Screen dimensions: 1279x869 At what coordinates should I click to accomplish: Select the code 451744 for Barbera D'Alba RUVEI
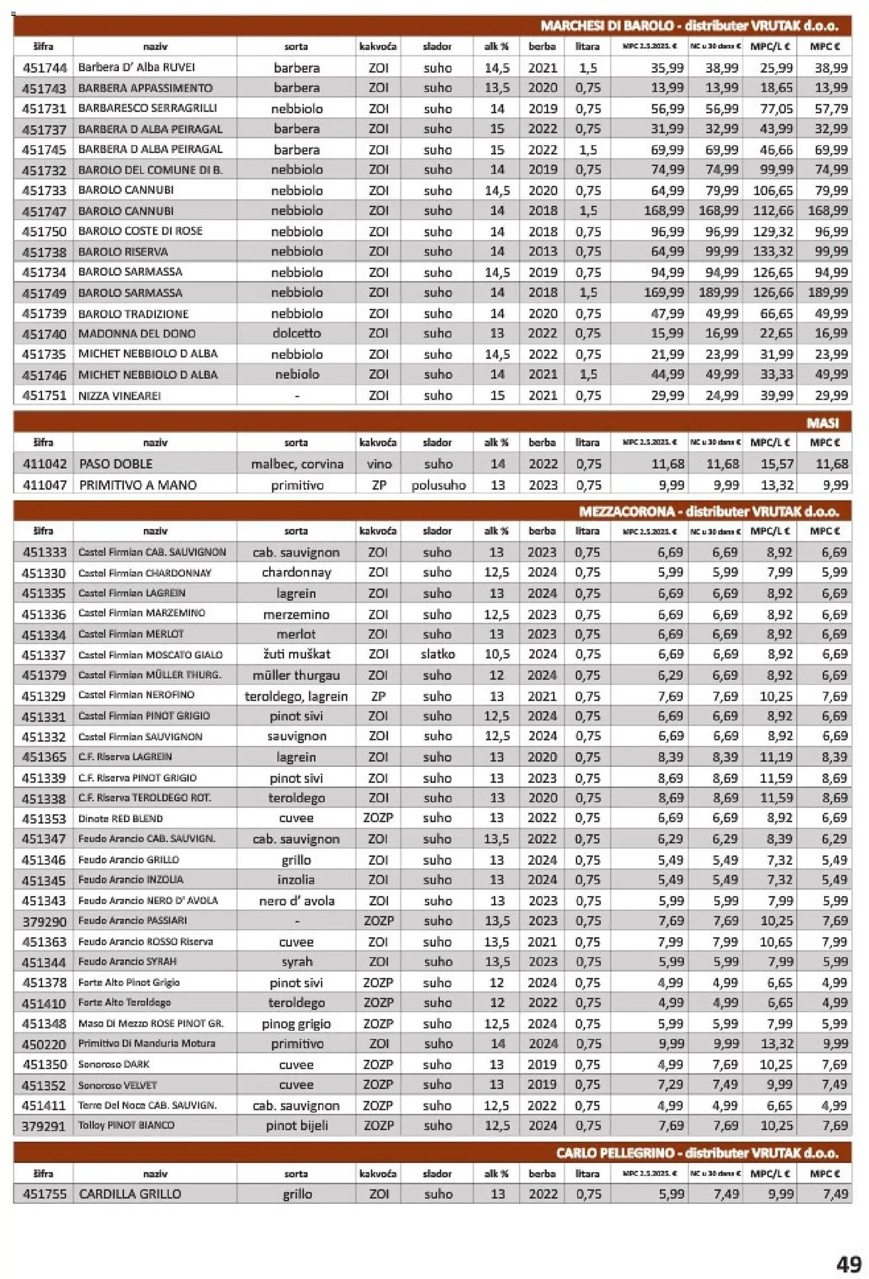tap(44, 68)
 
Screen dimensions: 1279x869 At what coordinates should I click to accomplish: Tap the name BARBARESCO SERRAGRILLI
tap(147, 108)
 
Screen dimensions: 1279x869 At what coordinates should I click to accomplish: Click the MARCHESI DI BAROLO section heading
tap(689, 26)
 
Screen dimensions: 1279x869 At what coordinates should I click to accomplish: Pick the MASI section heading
tap(822, 423)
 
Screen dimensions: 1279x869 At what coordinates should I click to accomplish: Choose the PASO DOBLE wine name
tap(116, 464)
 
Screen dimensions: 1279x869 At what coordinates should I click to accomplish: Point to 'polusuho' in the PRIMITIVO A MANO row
tap(438, 485)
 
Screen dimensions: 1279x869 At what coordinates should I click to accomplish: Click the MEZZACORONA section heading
tap(709, 511)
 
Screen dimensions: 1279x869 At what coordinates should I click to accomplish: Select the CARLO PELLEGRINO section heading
tap(697, 1153)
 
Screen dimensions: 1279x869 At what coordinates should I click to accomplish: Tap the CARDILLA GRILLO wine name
tap(130, 1194)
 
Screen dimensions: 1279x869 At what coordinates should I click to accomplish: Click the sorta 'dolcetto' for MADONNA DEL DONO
tap(297, 333)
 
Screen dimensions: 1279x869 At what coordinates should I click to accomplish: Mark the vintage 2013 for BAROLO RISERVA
tap(542, 251)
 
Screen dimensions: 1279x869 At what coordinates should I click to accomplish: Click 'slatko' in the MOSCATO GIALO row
tap(437, 654)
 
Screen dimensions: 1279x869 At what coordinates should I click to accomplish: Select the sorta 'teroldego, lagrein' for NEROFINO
tap(296, 696)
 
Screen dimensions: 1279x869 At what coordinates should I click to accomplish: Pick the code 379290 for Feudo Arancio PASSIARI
tap(44, 921)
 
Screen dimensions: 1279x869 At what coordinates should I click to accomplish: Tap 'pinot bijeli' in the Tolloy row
tap(297, 1125)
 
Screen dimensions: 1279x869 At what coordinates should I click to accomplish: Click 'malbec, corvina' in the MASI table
tap(297, 464)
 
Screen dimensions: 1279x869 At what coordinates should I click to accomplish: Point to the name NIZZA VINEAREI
tap(119, 396)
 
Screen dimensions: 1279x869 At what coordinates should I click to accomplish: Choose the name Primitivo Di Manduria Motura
tap(146, 1044)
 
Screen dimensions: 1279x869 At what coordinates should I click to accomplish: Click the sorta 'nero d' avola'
tap(297, 901)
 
